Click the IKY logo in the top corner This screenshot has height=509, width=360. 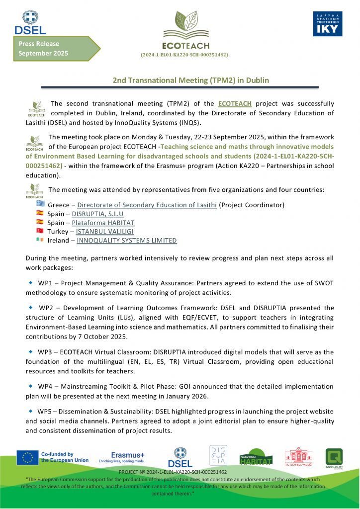[328, 24]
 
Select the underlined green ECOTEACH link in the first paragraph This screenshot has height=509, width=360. [235, 103]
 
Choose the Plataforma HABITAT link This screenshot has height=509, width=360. [103, 223]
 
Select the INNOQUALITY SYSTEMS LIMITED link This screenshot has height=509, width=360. [127, 241]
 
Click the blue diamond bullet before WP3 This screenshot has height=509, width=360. [30, 351]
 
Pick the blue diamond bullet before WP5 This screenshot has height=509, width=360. [30, 411]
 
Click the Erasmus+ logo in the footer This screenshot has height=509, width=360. [128, 457]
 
